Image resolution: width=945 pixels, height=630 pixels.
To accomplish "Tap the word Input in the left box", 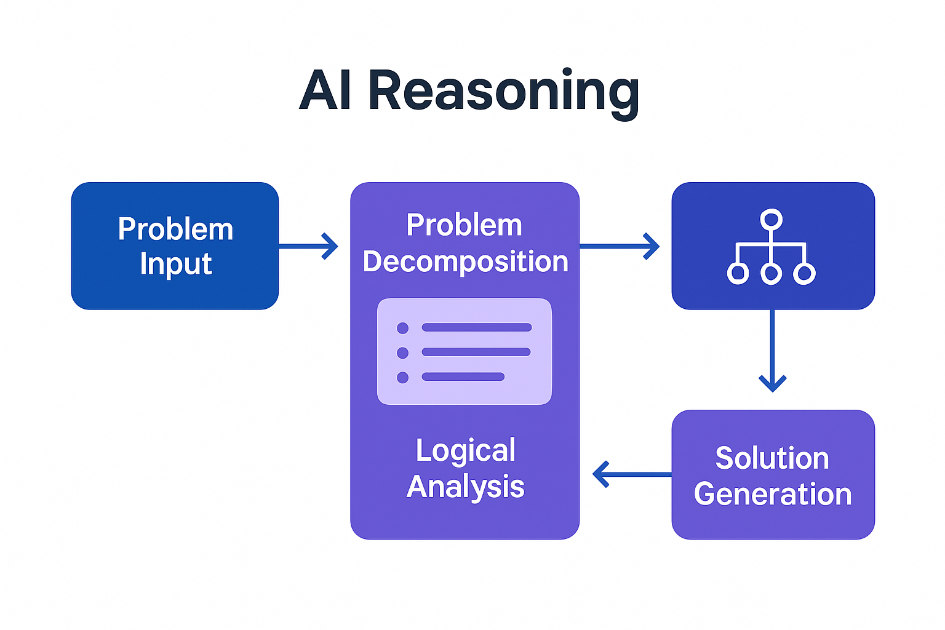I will point(175,265).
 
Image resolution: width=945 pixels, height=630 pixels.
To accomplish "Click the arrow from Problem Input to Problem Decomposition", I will point(308,246).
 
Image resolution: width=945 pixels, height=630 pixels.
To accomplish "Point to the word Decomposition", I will point(465,261).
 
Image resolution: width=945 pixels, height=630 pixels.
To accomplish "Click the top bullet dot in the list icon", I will point(403,328).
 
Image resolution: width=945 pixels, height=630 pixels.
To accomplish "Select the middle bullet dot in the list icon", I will point(403,353).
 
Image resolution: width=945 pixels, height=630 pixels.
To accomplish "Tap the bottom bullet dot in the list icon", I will point(403,377).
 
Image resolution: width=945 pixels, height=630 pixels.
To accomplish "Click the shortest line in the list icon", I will point(463,377).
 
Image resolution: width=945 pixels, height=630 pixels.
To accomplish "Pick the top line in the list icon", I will point(476,328).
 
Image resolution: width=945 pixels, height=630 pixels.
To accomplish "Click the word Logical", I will point(465,450).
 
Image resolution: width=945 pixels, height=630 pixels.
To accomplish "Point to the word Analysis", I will point(465,487).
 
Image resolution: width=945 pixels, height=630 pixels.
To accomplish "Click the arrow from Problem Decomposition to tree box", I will point(619,246).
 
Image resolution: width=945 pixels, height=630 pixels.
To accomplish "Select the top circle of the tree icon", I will point(771,220).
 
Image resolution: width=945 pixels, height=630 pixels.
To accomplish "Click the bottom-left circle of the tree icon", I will point(738,273).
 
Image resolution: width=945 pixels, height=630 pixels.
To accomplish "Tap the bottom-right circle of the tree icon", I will point(804,273).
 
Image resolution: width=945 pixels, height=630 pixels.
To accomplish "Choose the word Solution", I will point(772,458).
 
